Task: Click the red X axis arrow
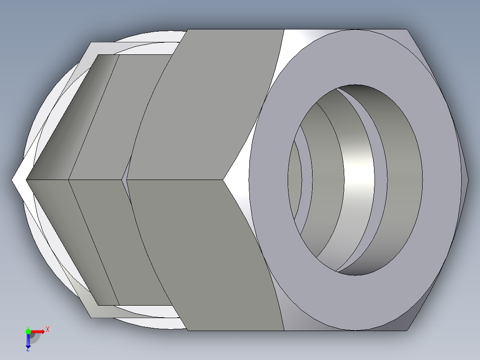pos(38,331)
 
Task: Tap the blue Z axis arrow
pos(28,341)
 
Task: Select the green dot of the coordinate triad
pos(28,331)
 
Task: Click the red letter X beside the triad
pos(47,330)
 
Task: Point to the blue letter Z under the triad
pos(28,350)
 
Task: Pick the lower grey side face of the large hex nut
pos(209,258)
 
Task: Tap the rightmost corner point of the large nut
pos(468,180)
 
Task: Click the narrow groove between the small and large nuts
pos(125,180)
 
